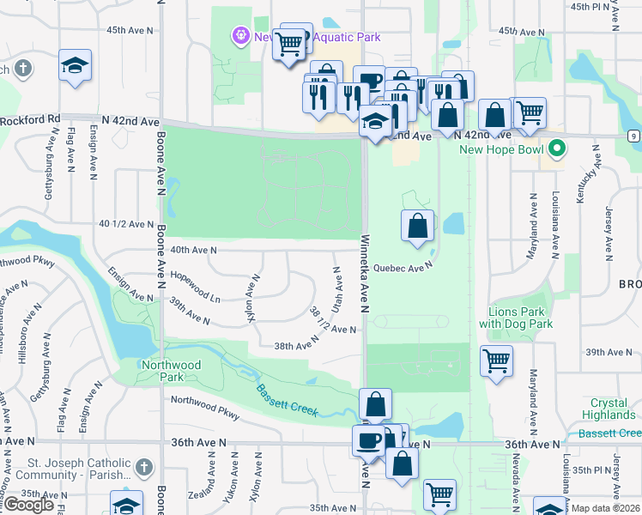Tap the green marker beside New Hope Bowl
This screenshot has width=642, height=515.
tap(557, 150)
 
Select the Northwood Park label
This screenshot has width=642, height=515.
tap(172, 371)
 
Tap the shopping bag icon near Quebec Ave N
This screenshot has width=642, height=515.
tap(417, 227)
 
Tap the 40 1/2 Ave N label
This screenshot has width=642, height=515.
tap(126, 224)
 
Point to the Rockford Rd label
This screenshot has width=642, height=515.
tap(30, 119)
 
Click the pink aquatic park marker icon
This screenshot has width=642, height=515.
tap(239, 36)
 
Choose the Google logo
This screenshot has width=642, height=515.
tap(28, 505)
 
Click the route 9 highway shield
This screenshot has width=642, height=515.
tap(633, 136)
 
